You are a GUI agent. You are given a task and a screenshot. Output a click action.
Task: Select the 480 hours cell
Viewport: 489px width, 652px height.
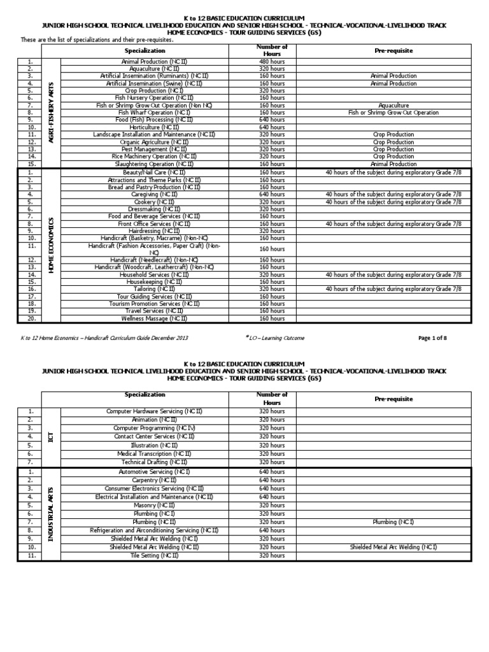click(x=272, y=61)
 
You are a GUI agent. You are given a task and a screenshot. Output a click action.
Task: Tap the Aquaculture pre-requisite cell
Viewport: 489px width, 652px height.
click(x=393, y=105)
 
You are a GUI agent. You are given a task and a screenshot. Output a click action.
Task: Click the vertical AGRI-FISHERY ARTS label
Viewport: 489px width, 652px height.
click(x=50, y=112)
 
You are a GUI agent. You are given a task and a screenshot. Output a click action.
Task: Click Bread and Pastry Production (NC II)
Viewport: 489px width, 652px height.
click(x=154, y=187)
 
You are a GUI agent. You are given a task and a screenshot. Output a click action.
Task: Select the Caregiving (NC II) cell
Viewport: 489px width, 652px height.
click(x=154, y=194)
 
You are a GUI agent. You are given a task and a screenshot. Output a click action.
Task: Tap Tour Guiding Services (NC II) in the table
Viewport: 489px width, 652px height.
click(x=154, y=296)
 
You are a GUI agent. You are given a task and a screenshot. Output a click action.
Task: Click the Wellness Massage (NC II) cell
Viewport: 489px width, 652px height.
click(x=154, y=318)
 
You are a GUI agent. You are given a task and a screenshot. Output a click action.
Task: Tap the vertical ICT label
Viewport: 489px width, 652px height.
click(x=50, y=437)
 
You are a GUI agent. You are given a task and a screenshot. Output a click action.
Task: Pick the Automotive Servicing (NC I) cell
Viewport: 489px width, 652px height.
click(x=154, y=472)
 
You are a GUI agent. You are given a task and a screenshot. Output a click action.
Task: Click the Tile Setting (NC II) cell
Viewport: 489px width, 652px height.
click(x=154, y=555)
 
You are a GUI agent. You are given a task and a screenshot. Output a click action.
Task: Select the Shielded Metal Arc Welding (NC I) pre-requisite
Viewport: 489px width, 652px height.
click(x=393, y=546)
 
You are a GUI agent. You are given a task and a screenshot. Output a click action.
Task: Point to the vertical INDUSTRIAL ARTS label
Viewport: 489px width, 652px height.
click(x=50, y=513)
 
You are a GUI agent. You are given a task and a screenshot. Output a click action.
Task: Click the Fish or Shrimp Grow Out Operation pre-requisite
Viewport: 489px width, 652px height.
click(x=393, y=113)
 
